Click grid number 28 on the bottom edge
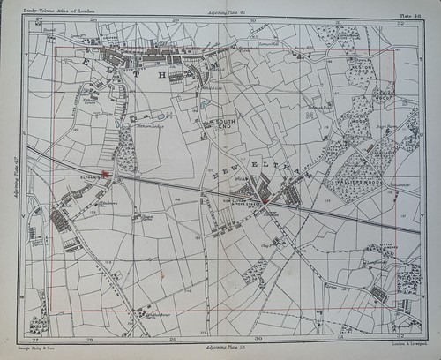(x=89, y=340)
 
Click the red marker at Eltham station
(x=105, y=174)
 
